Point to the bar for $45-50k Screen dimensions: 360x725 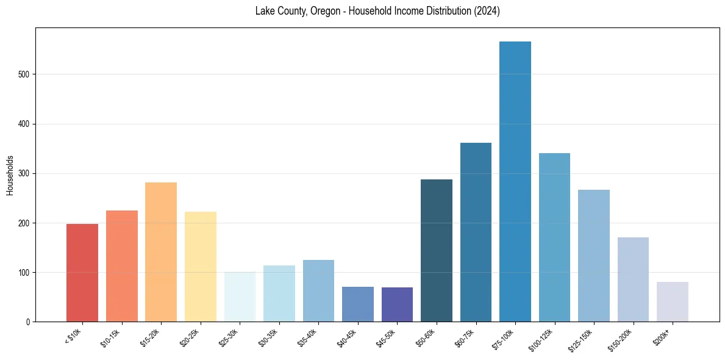tap(397, 304)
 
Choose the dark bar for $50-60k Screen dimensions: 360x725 tap(436, 250)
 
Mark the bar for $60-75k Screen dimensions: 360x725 tap(476, 232)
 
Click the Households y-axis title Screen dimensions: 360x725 tap(10, 175)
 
